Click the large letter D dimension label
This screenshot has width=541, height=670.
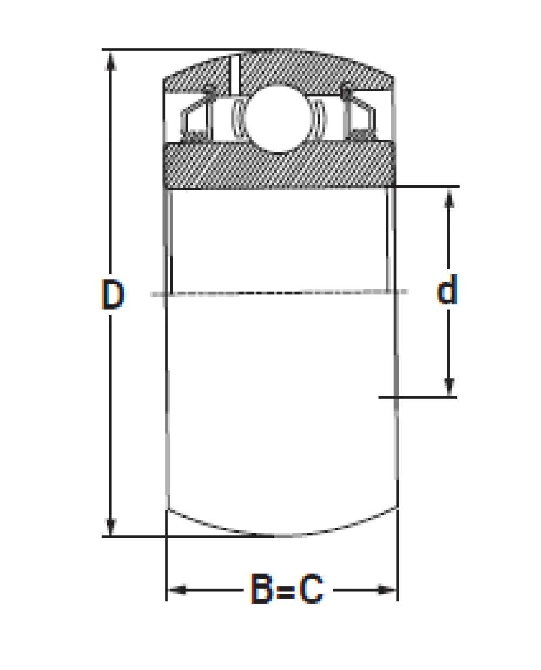click(x=113, y=294)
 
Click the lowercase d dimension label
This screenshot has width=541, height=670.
click(x=447, y=289)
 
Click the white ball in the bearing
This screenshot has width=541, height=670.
click(x=278, y=118)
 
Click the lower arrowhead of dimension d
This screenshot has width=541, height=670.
click(x=449, y=386)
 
